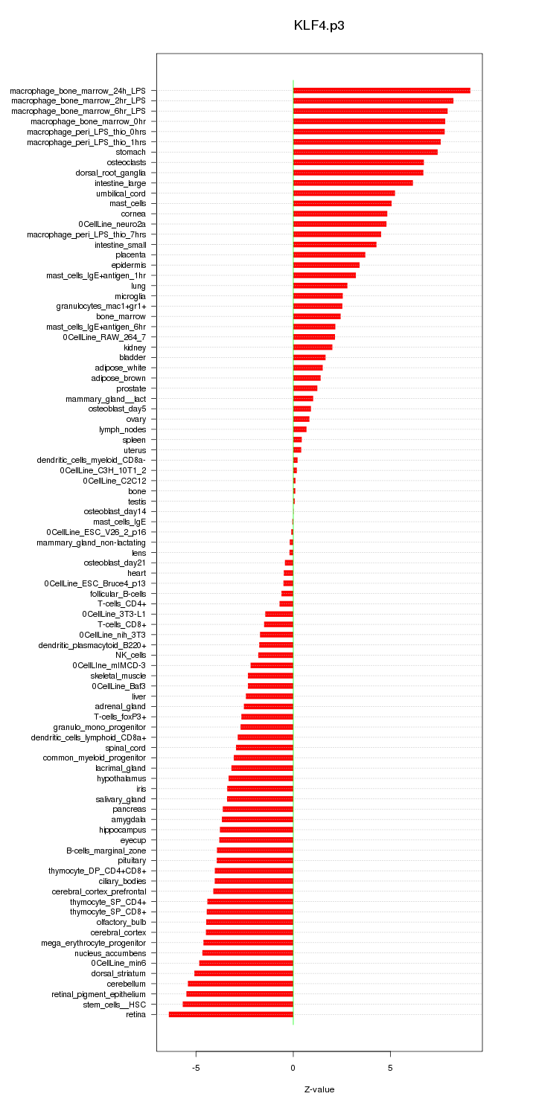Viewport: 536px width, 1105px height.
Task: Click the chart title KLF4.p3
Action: [x=319, y=25]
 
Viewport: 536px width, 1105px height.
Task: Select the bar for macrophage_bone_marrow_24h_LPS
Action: [x=381, y=90]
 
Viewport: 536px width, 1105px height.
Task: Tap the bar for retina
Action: [x=231, y=1014]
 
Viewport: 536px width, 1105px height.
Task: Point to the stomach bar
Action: [x=365, y=152]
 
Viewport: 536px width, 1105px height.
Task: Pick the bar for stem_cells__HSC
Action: [x=237, y=1004]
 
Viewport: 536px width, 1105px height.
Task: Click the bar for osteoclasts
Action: [x=358, y=162]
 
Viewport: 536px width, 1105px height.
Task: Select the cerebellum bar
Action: [x=240, y=984]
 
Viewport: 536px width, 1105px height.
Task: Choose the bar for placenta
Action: [x=329, y=254]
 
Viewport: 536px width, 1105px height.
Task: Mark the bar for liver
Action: [x=269, y=696]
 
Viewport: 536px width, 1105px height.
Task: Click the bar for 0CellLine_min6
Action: [x=246, y=963]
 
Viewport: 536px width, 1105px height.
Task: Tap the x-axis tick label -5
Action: [x=196, y=1068]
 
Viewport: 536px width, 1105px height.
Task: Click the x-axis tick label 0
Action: [x=293, y=1068]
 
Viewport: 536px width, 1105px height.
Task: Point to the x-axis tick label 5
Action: [x=390, y=1068]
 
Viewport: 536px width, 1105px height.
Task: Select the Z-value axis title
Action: [x=319, y=1089]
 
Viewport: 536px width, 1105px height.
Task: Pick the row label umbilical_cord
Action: [x=121, y=193]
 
